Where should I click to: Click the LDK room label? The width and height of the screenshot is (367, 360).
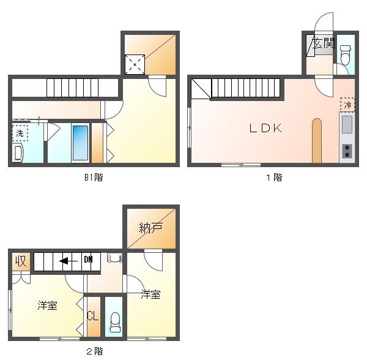[x=265, y=128]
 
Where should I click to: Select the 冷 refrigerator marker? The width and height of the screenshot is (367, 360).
[x=347, y=105]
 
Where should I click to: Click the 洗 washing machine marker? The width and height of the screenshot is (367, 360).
[x=20, y=133]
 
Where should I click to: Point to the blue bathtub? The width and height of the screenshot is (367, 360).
[x=80, y=143]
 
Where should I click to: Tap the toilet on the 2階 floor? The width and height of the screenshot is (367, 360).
[x=115, y=322]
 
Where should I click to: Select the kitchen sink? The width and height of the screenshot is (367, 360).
[x=347, y=125]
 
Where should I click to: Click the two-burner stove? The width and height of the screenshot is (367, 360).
[x=347, y=151]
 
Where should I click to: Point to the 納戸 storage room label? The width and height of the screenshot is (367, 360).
[x=151, y=227]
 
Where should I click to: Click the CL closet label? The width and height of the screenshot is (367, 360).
[x=93, y=316]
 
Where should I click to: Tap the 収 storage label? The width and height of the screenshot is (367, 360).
[x=21, y=261]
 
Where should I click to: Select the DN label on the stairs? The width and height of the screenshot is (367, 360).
[x=88, y=260]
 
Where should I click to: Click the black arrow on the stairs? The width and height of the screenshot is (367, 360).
[x=69, y=261]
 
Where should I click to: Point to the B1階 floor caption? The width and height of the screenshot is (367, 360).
[x=94, y=178]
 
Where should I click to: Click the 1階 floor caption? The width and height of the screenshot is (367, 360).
[x=275, y=178]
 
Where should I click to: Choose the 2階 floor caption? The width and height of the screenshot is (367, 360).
[x=95, y=351]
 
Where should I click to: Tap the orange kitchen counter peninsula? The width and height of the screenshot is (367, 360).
[x=317, y=141]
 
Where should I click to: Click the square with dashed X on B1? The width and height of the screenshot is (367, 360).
[x=135, y=64]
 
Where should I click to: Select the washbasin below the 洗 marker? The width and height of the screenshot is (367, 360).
[x=18, y=153]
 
